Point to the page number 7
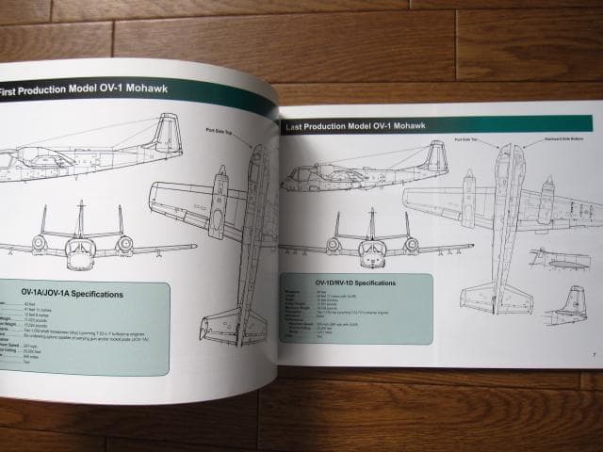tap(595, 355)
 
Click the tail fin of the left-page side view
tap(167, 132)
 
